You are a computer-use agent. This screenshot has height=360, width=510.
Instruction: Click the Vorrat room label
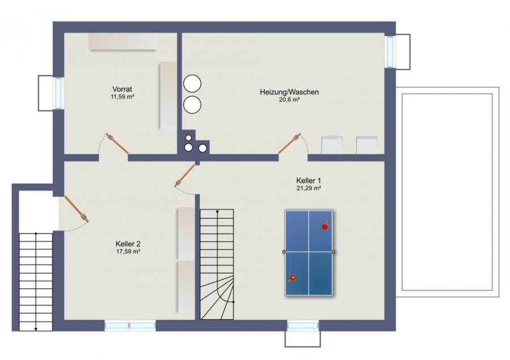click(x=122, y=89)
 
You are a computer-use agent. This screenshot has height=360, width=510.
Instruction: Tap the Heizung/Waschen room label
click(x=289, y=92)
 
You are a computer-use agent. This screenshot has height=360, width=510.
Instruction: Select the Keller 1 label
click(x=309, y=180)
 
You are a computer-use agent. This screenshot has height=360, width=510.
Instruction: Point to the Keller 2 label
click(x=128, y=244)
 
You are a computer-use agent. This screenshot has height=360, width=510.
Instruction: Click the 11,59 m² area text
click(x=122, y=97)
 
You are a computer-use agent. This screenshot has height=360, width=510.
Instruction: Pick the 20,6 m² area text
click(x=289, y=100)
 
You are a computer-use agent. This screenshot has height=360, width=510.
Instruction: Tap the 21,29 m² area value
click(x=309, y=188)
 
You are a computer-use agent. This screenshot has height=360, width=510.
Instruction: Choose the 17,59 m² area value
click(x=128, y=251)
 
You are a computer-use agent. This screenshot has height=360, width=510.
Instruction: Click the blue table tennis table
click(x=309, y=253)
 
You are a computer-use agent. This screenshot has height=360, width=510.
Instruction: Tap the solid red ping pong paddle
click(x=325, y=227)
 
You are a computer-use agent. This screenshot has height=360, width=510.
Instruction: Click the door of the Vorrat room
click(x=117, y=143)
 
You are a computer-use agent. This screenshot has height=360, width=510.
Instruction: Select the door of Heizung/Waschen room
click(x=289, y=143)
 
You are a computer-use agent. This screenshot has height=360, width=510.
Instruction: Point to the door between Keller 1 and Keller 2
click(x=184, y=176)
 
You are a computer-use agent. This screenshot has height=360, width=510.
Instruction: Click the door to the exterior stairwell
click(x=76, y=209)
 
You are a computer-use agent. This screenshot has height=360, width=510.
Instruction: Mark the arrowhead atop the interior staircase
click(x=217, y=211)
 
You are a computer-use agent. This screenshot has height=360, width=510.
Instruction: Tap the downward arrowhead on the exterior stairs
click(x=36, y=329)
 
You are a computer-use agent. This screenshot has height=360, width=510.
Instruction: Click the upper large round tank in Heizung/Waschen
click(x=192, y=83)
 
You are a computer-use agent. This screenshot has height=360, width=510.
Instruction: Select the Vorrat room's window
click(x=58, y=94)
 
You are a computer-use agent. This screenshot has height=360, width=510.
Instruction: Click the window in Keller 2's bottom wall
click(x=130, y=325)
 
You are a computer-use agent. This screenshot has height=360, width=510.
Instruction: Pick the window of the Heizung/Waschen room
click(x=390, y=52)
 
